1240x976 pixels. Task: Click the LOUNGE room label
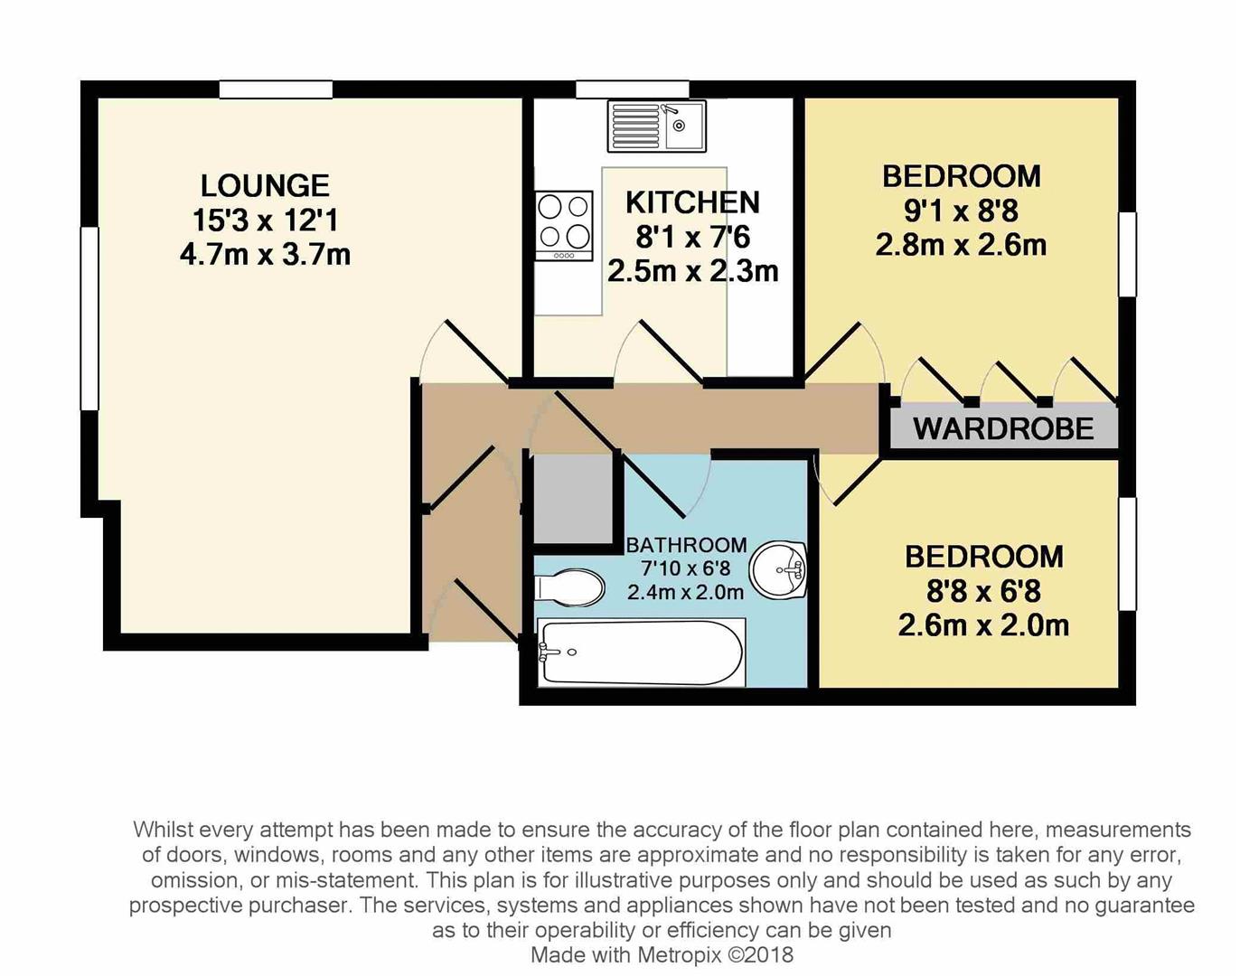click(265, 185)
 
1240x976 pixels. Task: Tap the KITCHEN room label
click(692, 202)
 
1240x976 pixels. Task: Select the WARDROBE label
click(1003, 428)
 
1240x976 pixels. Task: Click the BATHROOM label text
click(686, 544)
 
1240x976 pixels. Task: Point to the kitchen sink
click(657, 127)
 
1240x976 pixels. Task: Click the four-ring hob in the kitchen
click(564, 226)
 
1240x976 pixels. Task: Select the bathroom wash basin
click(778, 570)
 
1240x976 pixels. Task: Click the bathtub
click(641, 653)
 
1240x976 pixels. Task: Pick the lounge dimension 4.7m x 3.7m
click(265, 255)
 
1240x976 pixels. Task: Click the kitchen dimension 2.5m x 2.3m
click(692, 271)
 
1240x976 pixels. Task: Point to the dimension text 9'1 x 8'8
click(961, 211)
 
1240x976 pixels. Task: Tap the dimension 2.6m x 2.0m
click(983, 625)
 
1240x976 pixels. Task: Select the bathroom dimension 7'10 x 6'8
click(686, 568)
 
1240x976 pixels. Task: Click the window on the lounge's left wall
click(89, 319)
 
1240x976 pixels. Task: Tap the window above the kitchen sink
click(633, 89)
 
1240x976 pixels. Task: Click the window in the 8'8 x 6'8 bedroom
click(1128, 554)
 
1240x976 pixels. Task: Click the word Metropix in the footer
click(679, 955)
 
